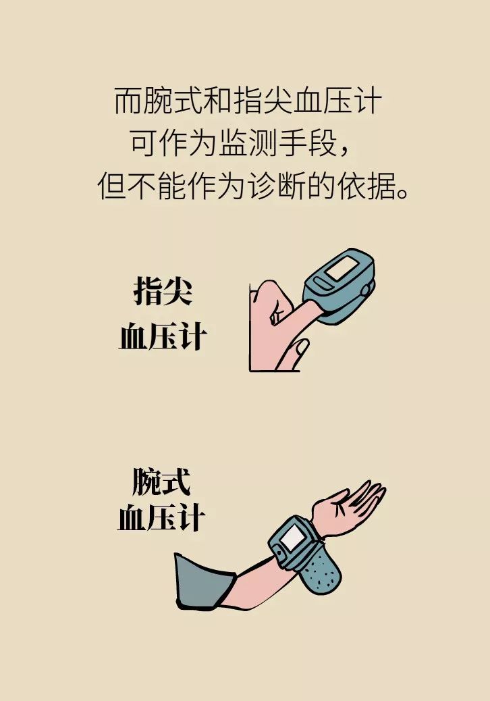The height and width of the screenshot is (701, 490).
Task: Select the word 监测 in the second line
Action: pyautogui.click(x=248, y=143)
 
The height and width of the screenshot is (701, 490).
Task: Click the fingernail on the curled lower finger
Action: pyautogui.click(x=301, y=347)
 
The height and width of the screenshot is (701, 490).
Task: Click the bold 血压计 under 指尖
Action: pyautogui.click(x=163, y=336)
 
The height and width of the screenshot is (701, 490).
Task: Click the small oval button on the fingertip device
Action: pyautogui.click(x=321, y=284)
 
